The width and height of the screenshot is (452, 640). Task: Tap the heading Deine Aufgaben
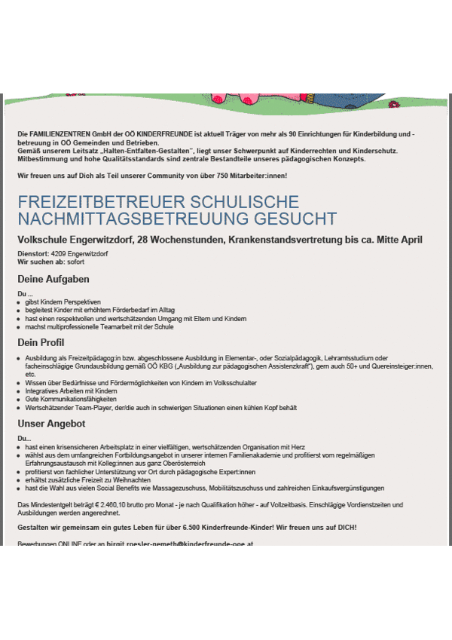(53, 279)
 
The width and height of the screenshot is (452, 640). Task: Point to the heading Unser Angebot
(51, 424)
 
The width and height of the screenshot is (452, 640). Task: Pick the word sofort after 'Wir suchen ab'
(75, 262)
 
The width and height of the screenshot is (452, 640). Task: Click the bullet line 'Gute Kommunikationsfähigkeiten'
(66, 400)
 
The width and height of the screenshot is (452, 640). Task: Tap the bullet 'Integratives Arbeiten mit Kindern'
(71, 391)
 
